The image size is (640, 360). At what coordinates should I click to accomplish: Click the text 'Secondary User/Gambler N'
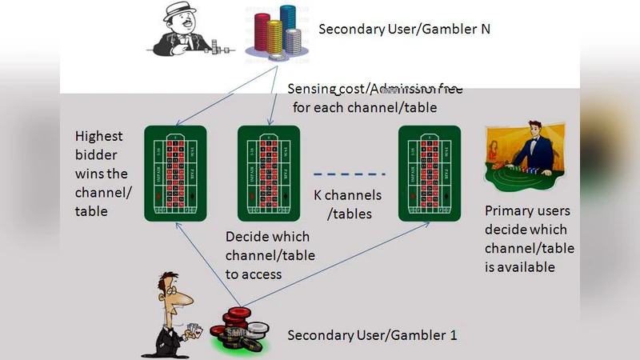point(404,30)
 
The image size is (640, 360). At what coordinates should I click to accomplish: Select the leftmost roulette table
point(175,173)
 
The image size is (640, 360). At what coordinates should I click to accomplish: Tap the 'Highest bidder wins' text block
point(102,174)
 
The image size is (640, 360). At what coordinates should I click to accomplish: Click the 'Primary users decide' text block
point(529,238)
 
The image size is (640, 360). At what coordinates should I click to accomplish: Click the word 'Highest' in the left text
point(98,136)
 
